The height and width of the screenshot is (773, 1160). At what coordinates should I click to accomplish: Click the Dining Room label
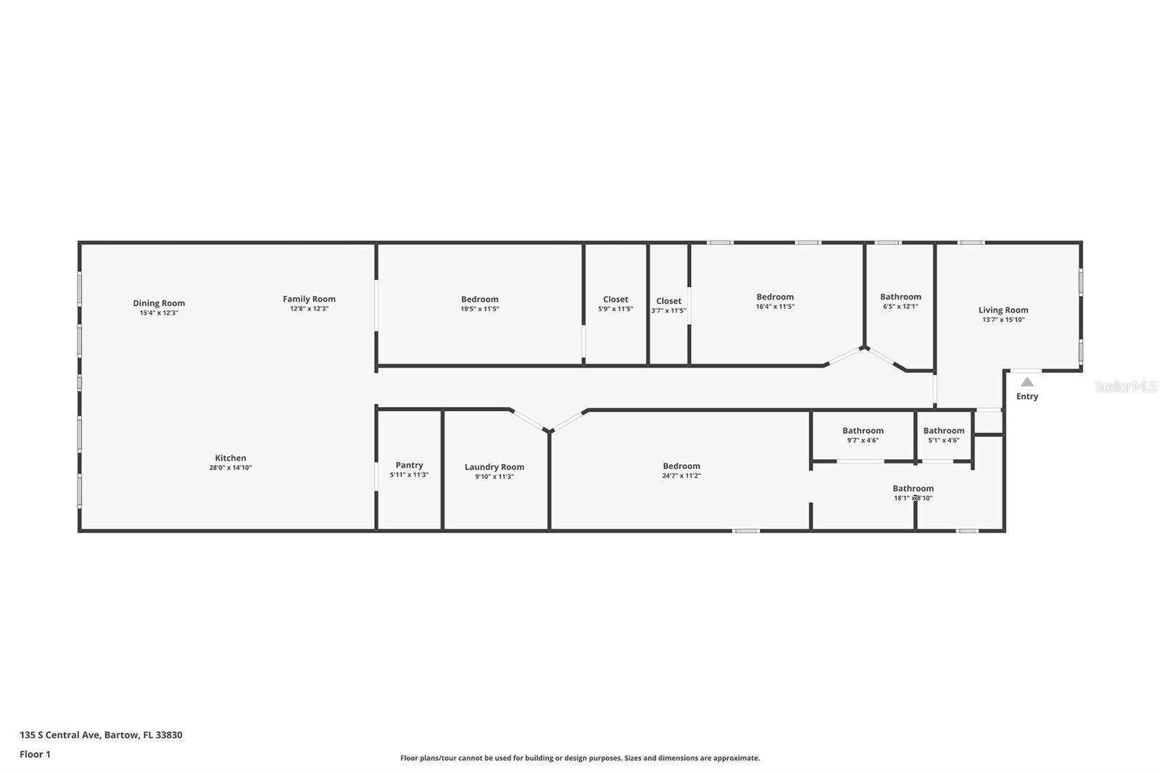coord(159,303)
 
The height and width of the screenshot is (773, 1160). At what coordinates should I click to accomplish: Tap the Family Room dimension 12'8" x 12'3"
coord(309,308)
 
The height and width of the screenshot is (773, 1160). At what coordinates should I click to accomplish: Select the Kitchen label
coord(230,458)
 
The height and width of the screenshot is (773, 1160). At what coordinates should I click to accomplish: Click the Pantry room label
coord(409,465)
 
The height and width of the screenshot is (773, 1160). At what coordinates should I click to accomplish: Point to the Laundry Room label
coord(494,467)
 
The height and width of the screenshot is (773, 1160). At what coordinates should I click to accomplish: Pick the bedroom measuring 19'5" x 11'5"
coord(479,303)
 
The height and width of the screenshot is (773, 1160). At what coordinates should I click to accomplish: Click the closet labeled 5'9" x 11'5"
coord(616,303)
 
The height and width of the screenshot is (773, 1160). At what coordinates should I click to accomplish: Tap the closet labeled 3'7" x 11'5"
coord(668,305)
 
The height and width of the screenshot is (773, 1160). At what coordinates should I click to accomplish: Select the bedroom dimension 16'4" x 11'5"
coord(775,306)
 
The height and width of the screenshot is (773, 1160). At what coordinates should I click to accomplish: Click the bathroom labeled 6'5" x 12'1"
coord(900,301)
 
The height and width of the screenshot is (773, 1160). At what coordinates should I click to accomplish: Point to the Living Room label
coord(1003,310)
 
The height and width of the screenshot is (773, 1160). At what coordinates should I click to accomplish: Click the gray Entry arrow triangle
coord(1027,381)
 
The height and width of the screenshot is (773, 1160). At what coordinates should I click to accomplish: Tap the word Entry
coord(1027,396)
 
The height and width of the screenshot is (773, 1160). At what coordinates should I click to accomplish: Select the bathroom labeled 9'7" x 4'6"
coord(863,435)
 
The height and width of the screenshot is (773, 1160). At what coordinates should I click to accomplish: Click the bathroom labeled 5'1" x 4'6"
coord(943,435)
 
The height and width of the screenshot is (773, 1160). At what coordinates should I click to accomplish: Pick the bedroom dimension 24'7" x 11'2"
coord(681,476)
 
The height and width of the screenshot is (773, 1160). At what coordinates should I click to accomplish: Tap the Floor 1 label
coord(35,754)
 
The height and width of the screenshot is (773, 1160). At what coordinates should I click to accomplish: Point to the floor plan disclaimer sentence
coord(580,758)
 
